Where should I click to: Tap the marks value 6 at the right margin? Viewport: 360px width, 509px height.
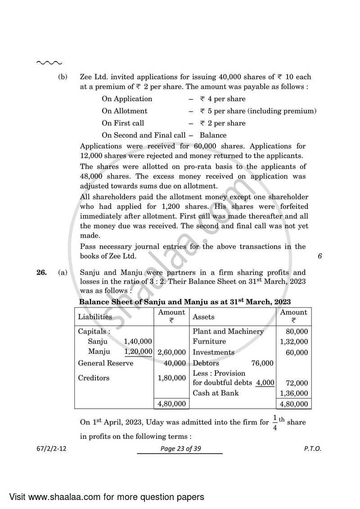point(319,256)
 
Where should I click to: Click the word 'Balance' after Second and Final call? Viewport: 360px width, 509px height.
point(213,135)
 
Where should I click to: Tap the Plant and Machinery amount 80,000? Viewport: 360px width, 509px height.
point(297,332)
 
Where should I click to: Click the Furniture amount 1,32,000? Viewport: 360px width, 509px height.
point(294,342)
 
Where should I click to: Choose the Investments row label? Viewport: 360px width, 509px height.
point(213,352)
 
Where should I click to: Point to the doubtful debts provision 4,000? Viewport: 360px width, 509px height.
point(265,383)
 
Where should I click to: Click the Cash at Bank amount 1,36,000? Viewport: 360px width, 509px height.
point(294,393)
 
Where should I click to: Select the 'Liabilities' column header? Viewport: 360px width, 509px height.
point(94,316)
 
